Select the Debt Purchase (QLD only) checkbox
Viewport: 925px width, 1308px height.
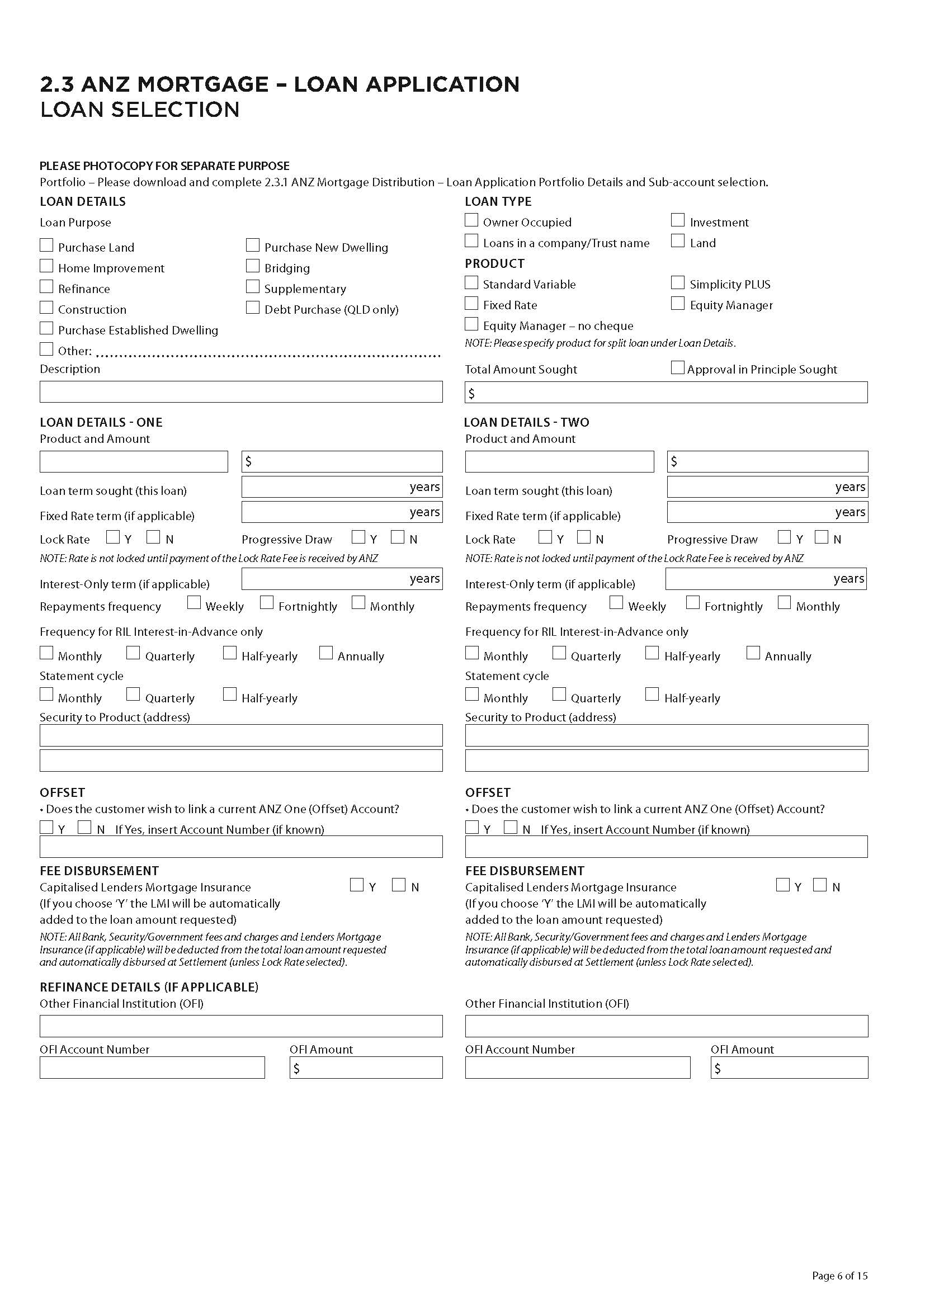(253, 308)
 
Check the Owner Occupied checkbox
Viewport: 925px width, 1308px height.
(471, 220)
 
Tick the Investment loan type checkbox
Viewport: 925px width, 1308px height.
(678, 220)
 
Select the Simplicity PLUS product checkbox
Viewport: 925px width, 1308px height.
(678, 282)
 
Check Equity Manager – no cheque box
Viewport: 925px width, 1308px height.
(471, 324)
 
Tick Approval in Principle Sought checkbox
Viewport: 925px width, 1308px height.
(678, 367)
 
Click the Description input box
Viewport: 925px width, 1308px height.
(241, 392)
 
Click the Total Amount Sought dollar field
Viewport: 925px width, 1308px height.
(667, 393)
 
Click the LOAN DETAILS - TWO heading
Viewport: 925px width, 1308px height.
(527, 422)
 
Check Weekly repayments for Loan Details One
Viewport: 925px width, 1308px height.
(194, 603)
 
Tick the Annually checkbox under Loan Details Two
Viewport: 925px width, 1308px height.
(753, 653)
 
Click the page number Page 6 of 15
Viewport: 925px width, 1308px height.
(839, 1276)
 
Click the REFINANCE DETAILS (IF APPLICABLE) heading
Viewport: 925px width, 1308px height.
(149, 986)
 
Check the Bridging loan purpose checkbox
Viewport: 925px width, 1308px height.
(253, 266)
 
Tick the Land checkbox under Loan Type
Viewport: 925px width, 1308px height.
(678, 241)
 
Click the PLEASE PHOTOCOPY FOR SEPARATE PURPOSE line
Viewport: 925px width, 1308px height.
(164, 166)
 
